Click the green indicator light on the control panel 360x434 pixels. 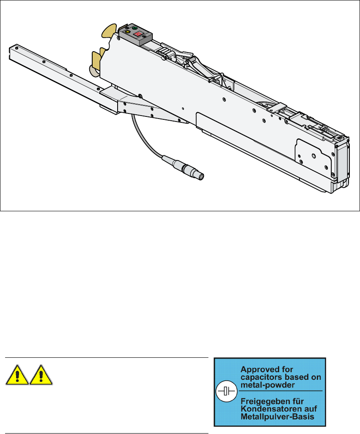[135, 28]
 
